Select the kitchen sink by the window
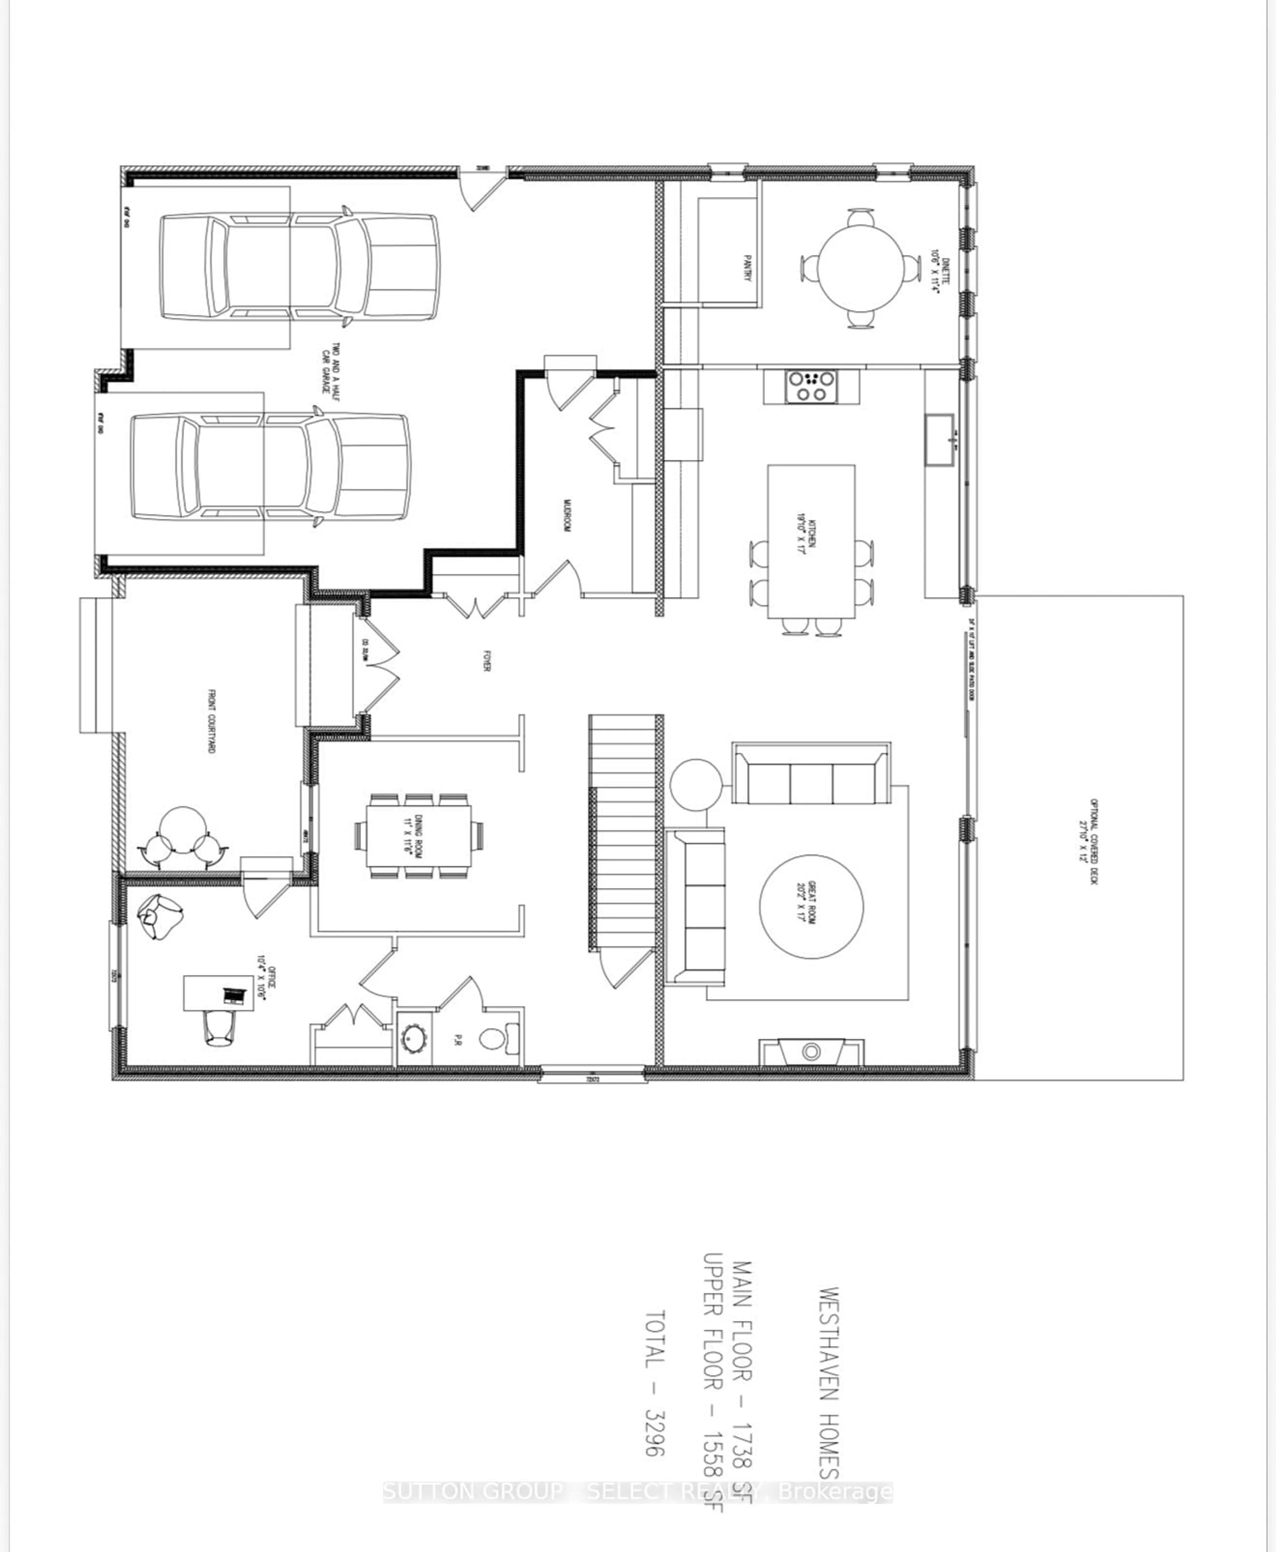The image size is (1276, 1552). point(939,439)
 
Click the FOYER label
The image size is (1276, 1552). point(486,665)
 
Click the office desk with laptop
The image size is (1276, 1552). point(218,994)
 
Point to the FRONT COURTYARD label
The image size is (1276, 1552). point(211,721)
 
